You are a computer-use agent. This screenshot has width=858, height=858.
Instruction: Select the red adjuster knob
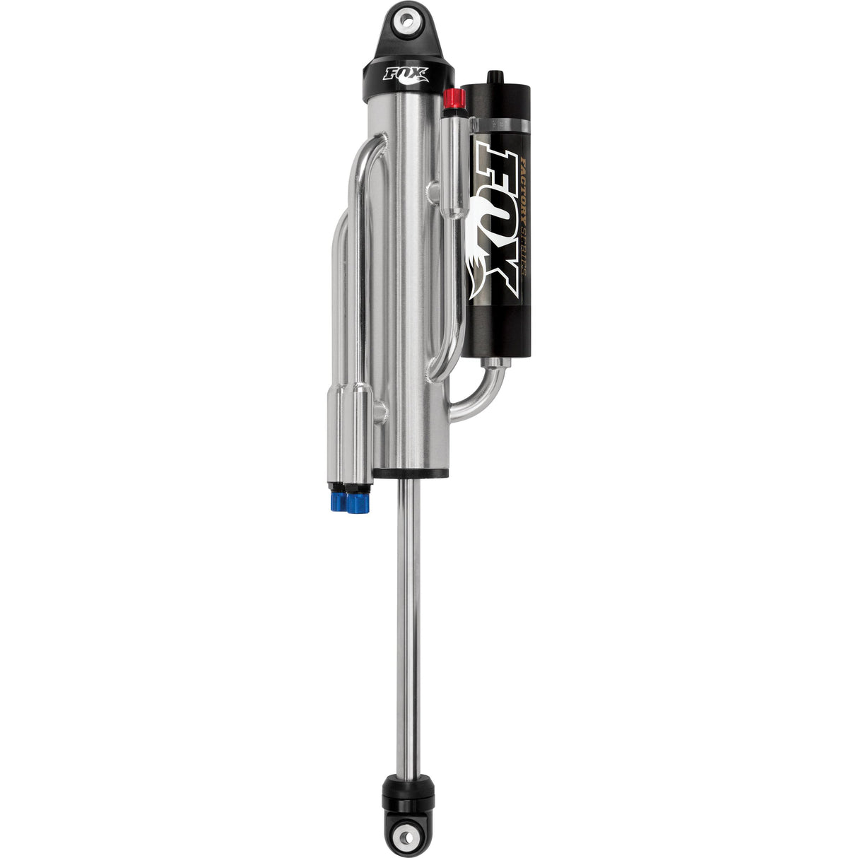[453, 99]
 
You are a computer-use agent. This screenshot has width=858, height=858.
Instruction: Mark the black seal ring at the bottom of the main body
[411, 472]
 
